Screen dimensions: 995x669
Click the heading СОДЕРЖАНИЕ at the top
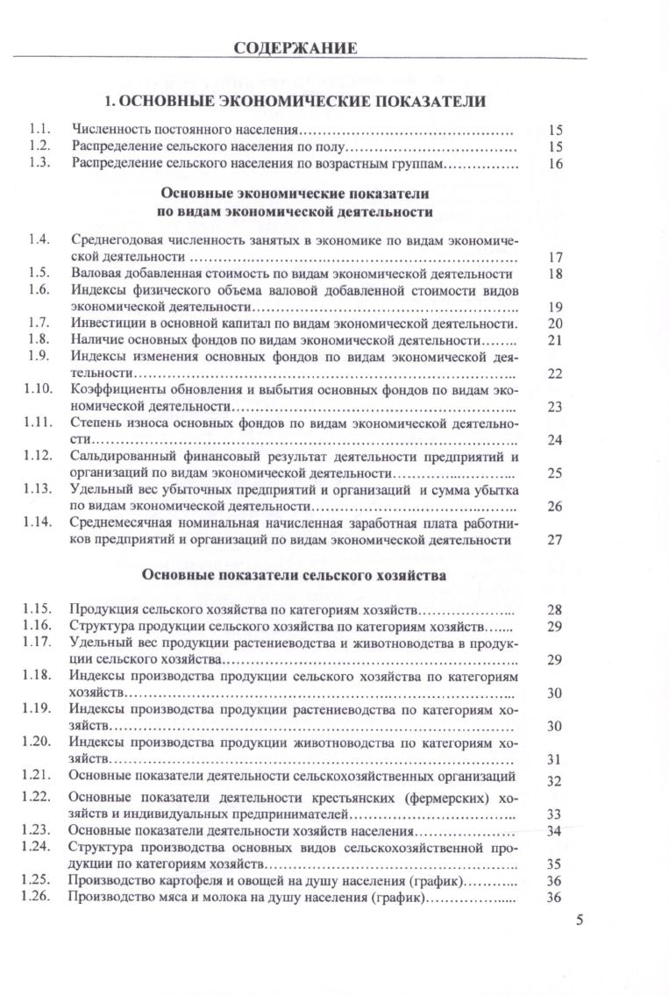click(x=295, y=48)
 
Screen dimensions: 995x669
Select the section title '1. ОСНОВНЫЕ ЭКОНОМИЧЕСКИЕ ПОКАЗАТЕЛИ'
click(x=295, y=102)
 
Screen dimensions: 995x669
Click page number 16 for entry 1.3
click(x=553, y=164)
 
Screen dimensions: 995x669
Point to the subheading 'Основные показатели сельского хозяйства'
click(x=295, y=576)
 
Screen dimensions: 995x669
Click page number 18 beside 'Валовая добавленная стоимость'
click(x=553, y=274)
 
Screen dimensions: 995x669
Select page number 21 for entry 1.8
click(x=553, y=339)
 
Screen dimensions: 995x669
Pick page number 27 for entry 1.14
click(x=553, y=539)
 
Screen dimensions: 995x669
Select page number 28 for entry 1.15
click(x=553, y=609)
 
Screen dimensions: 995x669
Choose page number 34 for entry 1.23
click(x=553, y=830)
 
